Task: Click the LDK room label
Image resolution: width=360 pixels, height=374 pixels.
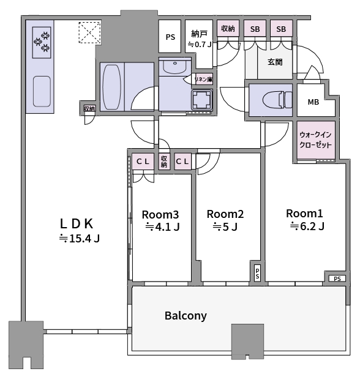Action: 77,224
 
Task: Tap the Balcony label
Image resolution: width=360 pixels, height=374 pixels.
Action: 186,316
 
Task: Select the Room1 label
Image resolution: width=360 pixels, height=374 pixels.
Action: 304,214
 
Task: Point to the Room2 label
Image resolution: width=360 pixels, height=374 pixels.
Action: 225,214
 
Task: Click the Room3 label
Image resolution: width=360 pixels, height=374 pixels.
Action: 160,215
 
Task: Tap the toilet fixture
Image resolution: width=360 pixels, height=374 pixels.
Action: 277,100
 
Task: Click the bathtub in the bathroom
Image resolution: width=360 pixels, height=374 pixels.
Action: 111,86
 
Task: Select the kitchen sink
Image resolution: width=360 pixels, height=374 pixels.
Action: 42,91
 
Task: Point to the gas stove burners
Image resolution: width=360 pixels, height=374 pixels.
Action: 42,42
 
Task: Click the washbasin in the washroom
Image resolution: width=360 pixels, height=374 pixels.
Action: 174,67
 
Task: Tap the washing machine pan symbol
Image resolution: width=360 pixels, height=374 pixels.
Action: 202,100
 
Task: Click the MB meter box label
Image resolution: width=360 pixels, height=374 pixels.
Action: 313,102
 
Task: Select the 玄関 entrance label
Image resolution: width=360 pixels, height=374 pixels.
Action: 275,62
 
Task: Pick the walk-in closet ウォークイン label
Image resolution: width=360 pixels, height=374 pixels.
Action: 315,135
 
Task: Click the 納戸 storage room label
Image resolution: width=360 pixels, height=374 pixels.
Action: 199,34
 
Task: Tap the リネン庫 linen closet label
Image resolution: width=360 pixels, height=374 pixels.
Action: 203,80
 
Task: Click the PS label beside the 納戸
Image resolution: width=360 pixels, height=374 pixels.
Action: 170,37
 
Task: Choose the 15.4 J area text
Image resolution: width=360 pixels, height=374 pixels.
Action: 80,238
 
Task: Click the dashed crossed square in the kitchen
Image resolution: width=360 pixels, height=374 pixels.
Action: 90,32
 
